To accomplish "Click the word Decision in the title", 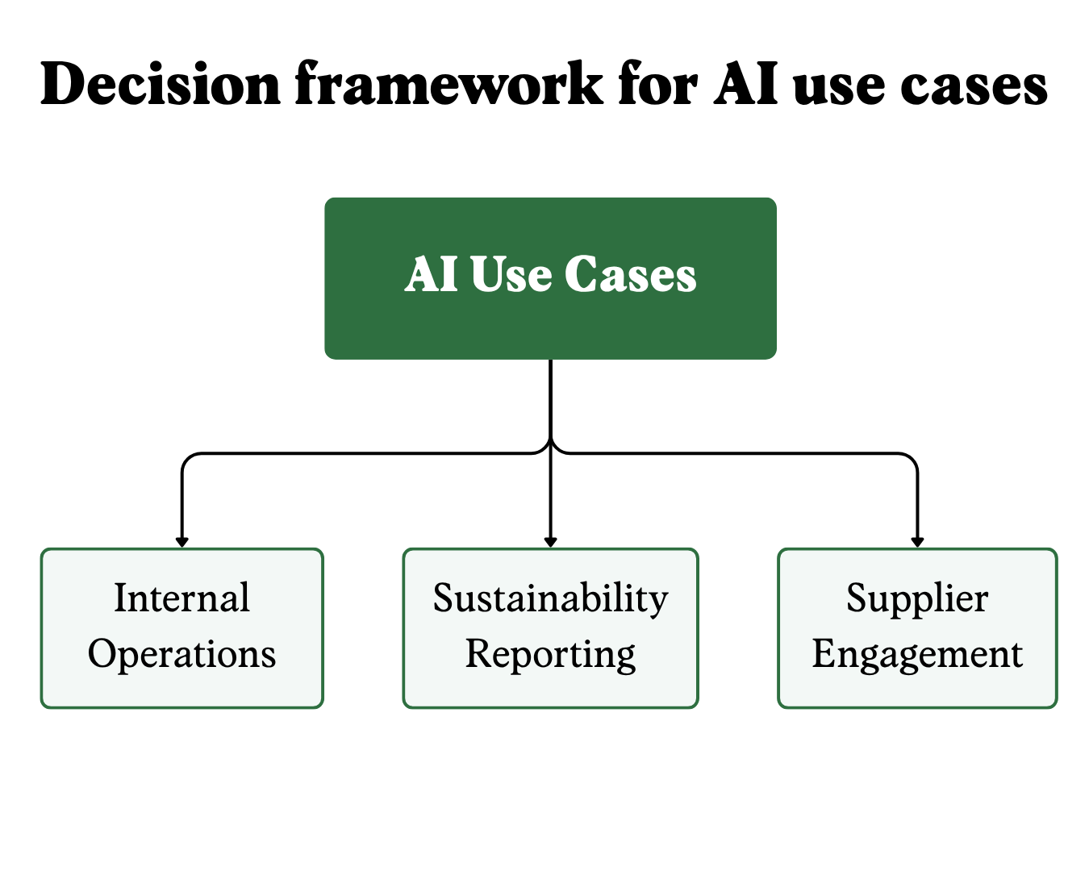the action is (160, 83).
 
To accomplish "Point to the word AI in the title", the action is (745, 83).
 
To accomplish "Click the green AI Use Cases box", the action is (550, 278).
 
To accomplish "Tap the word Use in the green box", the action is (511, 274).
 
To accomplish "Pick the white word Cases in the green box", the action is (631, 274).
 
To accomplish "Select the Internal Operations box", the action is (181, 628).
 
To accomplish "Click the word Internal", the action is (181, 598).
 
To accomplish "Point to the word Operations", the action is (181, 654).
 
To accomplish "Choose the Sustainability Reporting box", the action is (551, 628).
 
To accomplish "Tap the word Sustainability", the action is (551, 599).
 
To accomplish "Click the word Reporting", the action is (551, 655).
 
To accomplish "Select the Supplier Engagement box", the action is (917, 628).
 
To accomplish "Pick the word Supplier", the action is (917, 599).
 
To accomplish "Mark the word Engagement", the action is (917, 655).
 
